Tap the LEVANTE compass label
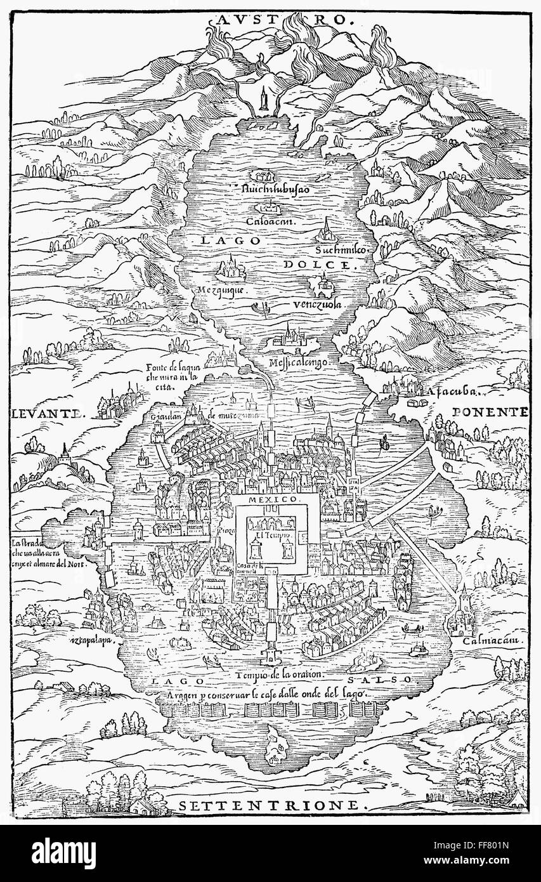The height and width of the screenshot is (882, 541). (x=48, y=413)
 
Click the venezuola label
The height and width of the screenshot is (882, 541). (x=318, y=305)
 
